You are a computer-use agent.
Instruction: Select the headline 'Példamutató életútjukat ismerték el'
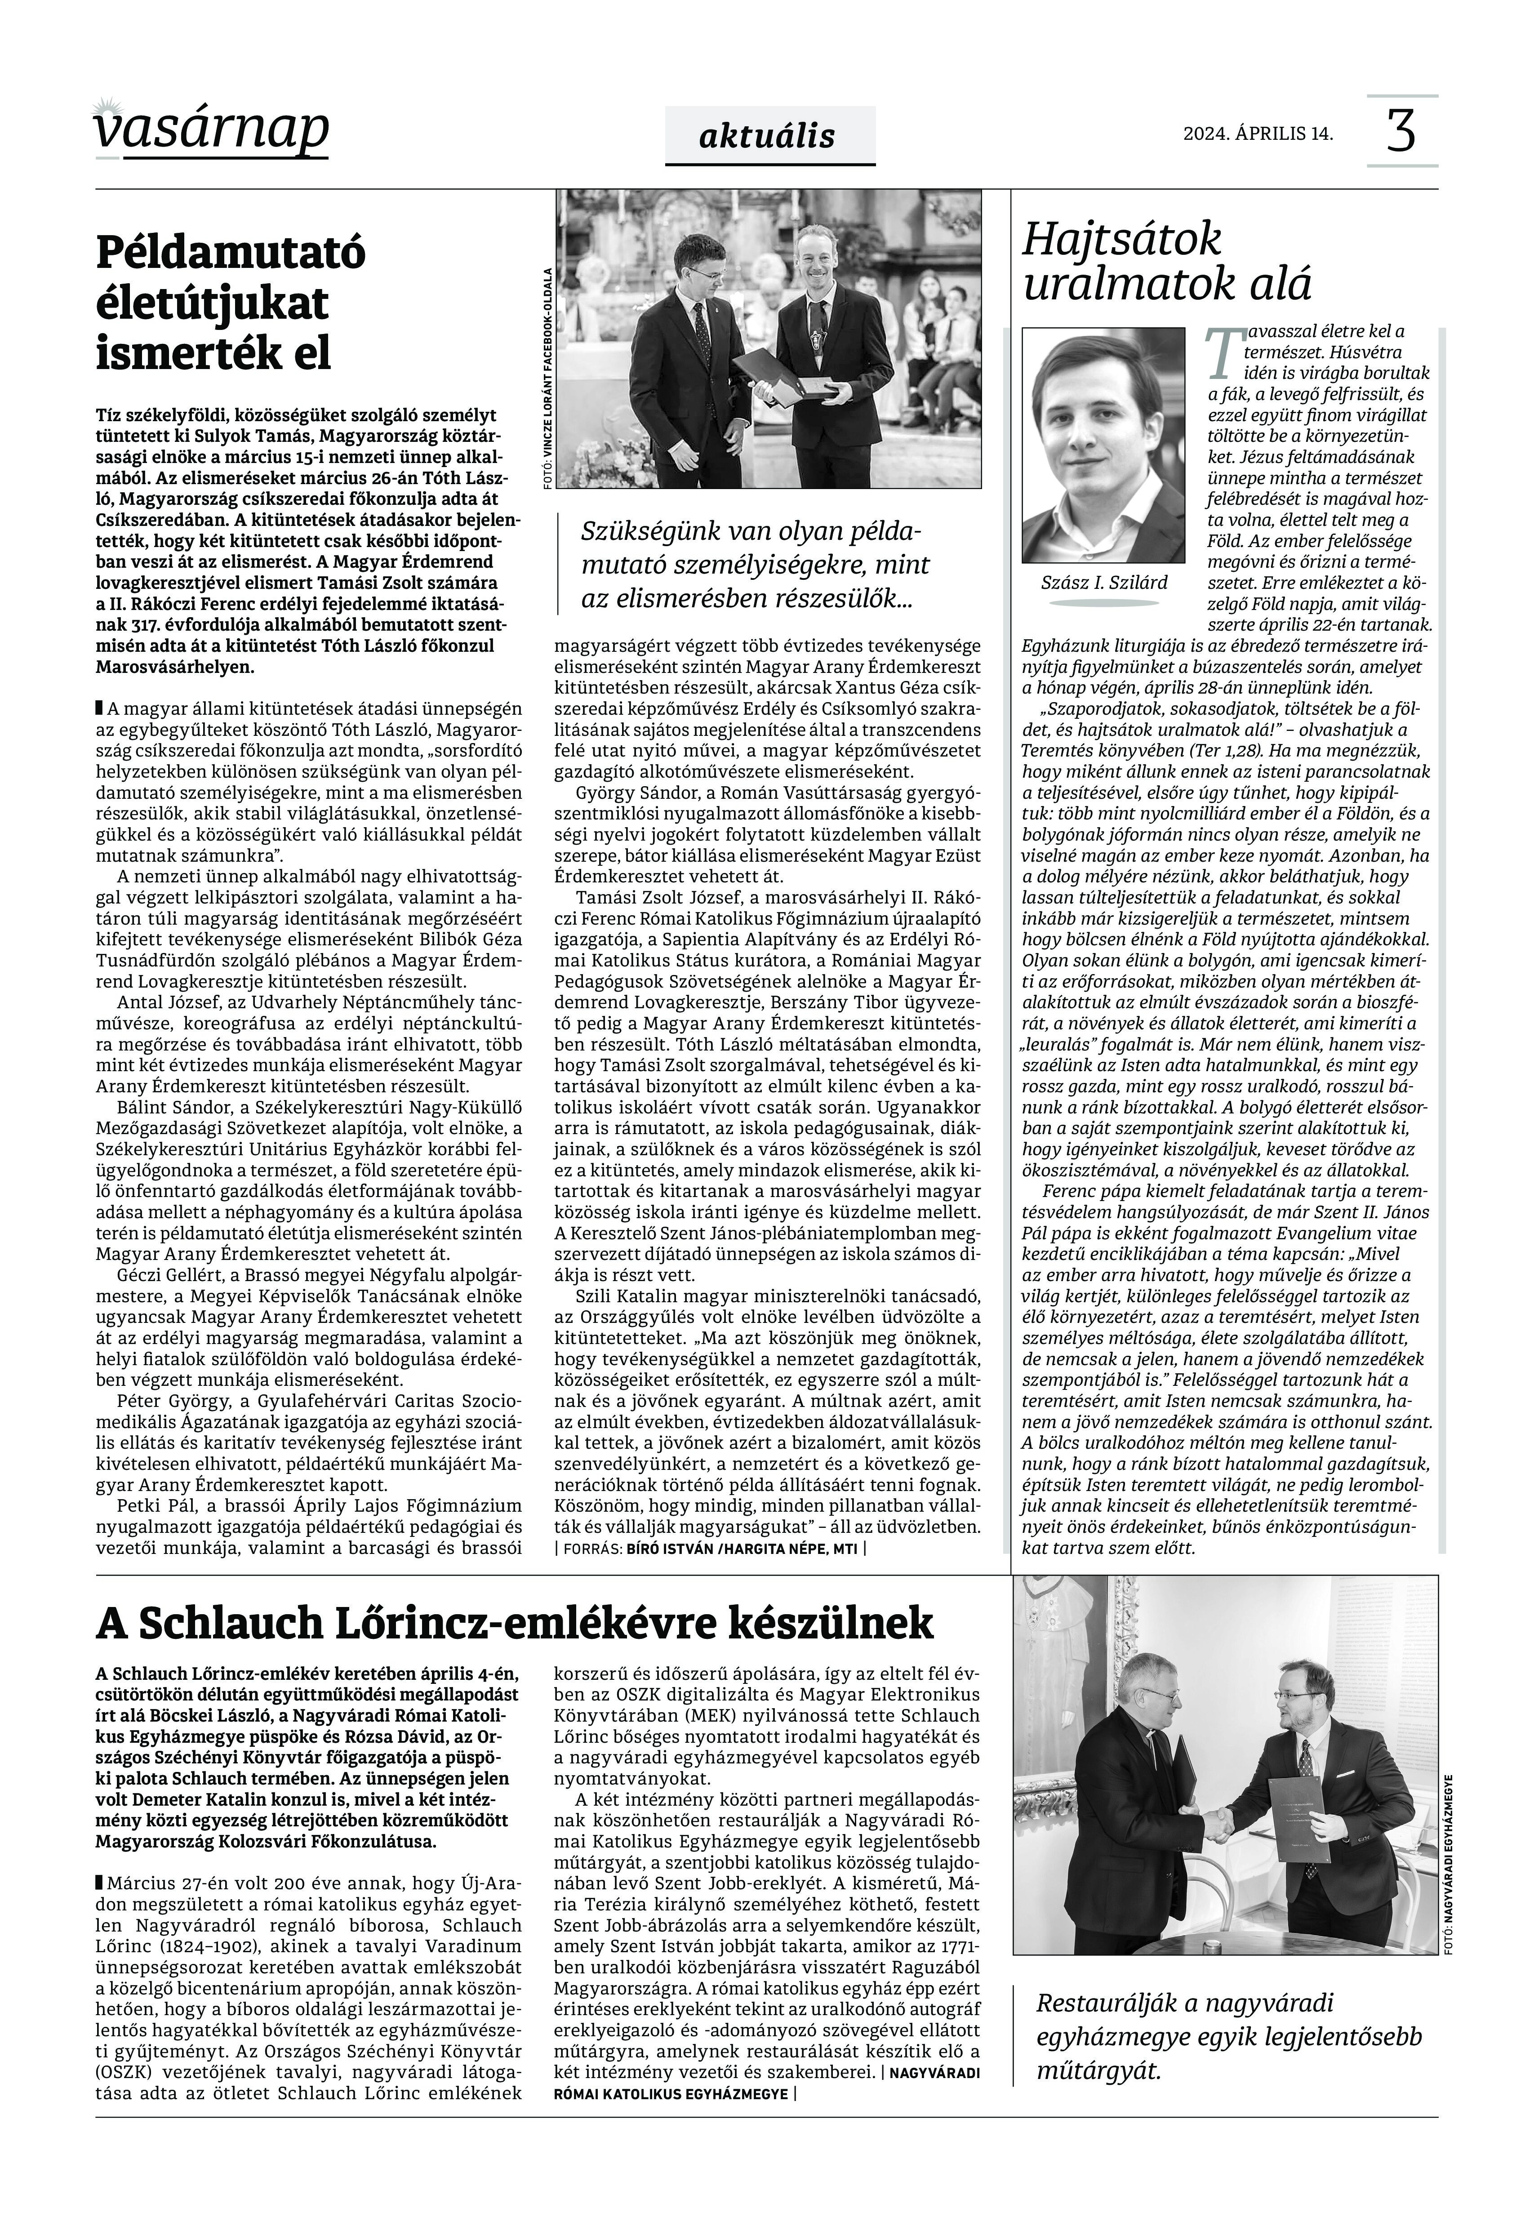231,304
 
